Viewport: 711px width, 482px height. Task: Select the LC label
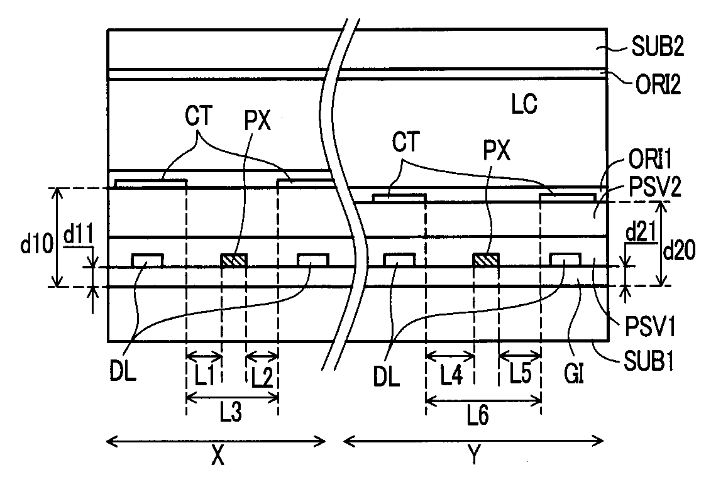point(524,104)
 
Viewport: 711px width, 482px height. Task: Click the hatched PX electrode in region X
point(234,260)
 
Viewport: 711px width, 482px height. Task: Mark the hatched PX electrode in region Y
point(486,260)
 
